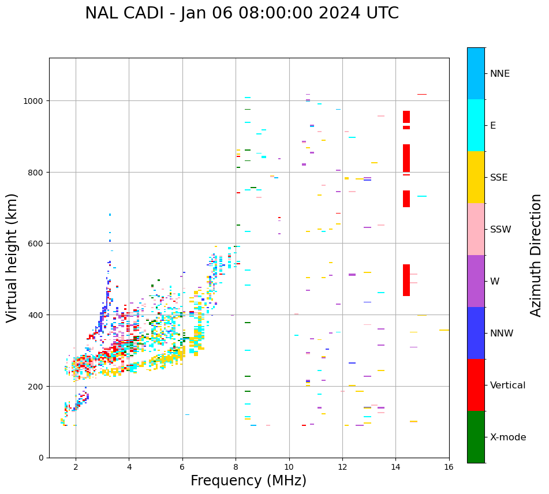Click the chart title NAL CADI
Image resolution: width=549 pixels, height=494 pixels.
click(241, 13)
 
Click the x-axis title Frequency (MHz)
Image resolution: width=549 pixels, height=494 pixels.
click(248, 481)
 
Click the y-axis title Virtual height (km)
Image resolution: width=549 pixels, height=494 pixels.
click(12, 257)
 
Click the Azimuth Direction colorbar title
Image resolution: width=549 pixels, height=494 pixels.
click(536, 255)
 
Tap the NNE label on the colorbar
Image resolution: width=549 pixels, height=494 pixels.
click(500, 73)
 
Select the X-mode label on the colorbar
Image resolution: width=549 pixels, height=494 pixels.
click(508, 437)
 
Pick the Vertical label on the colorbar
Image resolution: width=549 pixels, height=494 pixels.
click(508, 386)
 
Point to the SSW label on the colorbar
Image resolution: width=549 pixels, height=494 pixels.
click(501, 230)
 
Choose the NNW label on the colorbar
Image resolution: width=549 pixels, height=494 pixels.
click(502, 334)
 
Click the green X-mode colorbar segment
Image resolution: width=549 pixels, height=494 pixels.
click(476, 437)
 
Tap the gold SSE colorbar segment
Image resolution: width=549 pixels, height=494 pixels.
click(476, 177)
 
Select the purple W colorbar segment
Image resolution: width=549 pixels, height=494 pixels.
click(476, 281)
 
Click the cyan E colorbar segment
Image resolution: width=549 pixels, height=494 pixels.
click(476, 125)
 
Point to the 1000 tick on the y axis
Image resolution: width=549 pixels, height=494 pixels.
click(35, 101)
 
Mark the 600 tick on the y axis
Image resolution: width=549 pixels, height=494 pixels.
click(38, 244)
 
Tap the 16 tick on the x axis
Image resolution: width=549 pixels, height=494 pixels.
click(449, 467)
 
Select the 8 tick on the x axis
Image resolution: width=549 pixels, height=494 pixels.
click(236, 467)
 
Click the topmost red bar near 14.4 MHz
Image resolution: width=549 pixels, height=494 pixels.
click(406, 117)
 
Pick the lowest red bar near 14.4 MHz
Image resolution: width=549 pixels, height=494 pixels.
click(406, 280)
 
